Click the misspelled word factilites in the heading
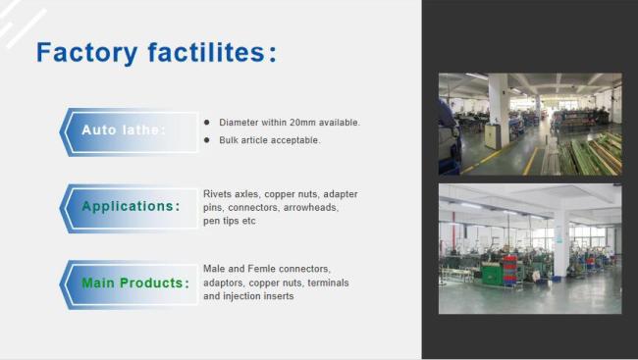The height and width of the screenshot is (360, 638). pyautogui.click(x=203, y=52)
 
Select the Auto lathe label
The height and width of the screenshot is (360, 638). pyautogui.click(x=123, y=130)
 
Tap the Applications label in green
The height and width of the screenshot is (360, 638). pyautogui.click(x=130, y=206)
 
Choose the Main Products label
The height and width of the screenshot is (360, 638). pyautogui.click(x=134, y=283)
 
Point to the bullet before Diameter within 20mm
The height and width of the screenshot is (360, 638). pyautogui.click(x=207, y=123)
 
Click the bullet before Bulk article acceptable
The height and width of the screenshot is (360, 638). pyautogui.click(x=207, y=140)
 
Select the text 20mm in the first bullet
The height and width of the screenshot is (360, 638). pyautogui.click(x=298, y=123)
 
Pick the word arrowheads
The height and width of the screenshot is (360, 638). pyautogui.click(x=311, y=208)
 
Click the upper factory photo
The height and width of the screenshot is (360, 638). pyautogui.click(x=529, y=124)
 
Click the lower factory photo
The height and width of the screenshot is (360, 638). pyautogui.click(x=529, y=249)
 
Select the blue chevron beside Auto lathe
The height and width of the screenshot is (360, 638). pyautogui.click(x=67, y=131)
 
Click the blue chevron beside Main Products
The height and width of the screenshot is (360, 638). pyautogui.click(x=67, y=283)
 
